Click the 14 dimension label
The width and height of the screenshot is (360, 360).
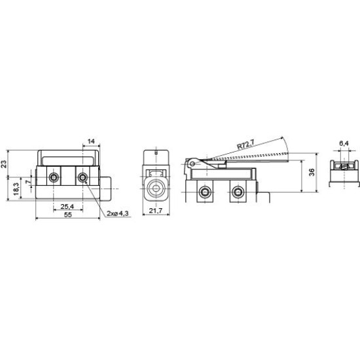tap(91, 141)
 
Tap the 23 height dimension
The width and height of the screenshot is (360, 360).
tap(4, 164)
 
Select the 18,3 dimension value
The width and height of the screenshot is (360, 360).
tap(16, 189)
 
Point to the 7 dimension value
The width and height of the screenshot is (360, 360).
tap(27, 181)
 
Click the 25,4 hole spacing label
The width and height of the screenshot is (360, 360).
tap(67, 206)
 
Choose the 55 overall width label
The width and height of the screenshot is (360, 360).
tap(68, 215)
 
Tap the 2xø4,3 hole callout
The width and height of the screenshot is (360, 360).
tap(118, 213)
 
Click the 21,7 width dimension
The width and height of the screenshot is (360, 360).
tap(156, 210)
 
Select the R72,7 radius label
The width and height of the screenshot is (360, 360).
tap(245, 145)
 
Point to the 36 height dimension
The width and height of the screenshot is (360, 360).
tap(312, 172)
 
